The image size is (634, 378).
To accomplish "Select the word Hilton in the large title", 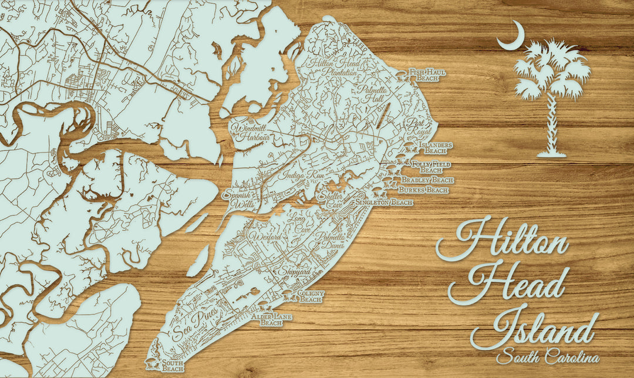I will (x=504, y=240).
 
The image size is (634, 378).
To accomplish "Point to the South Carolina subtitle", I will (x=547, y=356).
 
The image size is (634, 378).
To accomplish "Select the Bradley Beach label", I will (x=427, y=180).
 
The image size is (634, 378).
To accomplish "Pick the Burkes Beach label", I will (x=423, y=190).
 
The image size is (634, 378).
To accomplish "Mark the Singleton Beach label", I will (x=384, y=203).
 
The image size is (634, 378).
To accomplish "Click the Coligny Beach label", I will (x=310, y=296).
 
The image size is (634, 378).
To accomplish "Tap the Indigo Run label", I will (x=295, y=175).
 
